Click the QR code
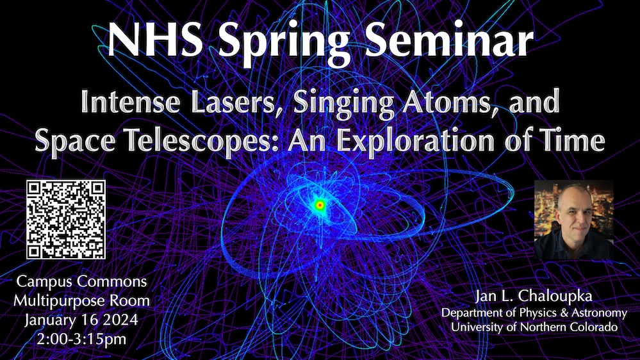pyautogui.click(x=66, y=219)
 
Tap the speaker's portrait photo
pyautogui.click(x=573, y=220)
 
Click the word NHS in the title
pyautogui.click(x=156, y=40)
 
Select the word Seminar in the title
pyautogui.click(x=448, y=40)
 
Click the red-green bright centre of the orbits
pyautogui.click(x=320, y=205)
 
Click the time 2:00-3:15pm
pyautogui.click(x=81, y=340)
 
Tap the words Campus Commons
pyautogui.click(x=81, y=281)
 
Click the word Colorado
pyautogui.click(x=593, y=327)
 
